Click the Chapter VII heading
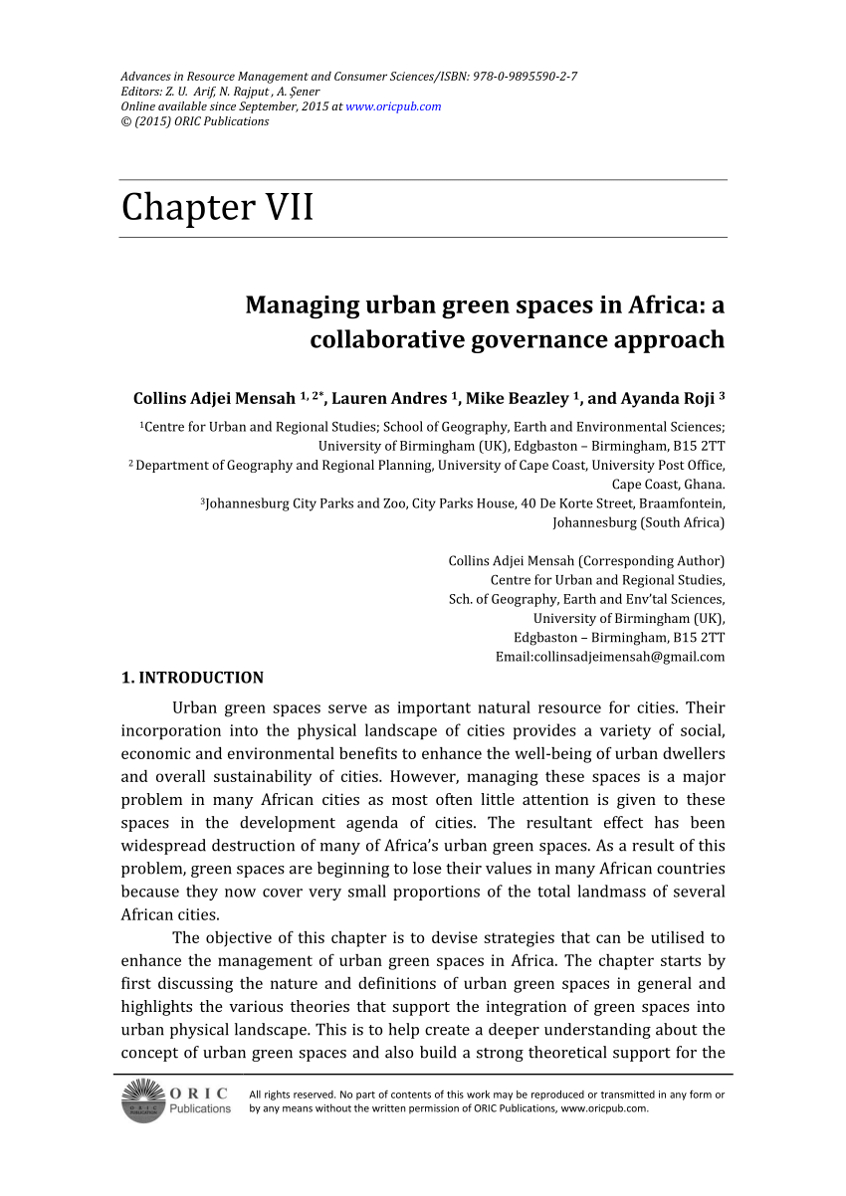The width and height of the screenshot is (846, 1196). (x=217, y=208)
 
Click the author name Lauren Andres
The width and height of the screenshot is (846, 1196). (x=388, y=399)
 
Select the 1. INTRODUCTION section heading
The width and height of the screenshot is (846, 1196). (x=192, y=679)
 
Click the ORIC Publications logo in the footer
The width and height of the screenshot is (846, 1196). (x=176, y=1099)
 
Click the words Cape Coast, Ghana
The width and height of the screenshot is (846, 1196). (x=668, y=485)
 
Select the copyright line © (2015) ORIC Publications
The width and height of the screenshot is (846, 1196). (x=194, y=121)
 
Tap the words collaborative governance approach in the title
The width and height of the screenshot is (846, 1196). (x=517, y=339)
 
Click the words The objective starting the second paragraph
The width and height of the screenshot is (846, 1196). (x=225, y=937)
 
